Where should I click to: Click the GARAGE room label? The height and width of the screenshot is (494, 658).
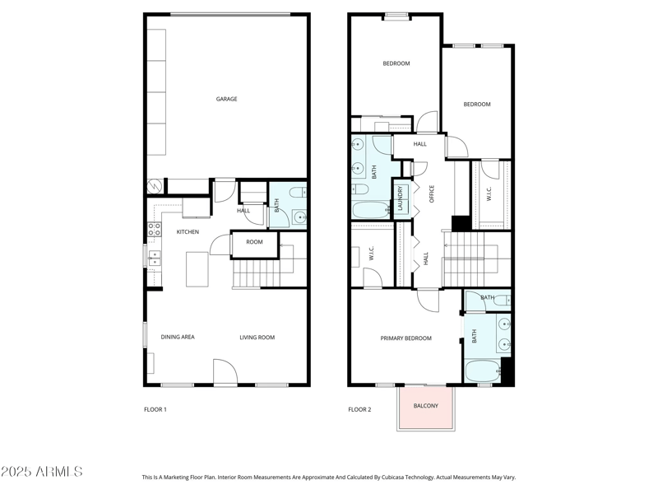[x=227, y=100]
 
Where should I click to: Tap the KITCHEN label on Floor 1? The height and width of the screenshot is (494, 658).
[x=188, y=232]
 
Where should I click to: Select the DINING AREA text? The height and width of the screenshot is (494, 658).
[x=178, y=338]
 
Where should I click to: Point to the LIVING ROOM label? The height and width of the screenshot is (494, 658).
[x=257, y=338]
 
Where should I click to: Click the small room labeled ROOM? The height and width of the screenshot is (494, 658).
[x=254, y=242]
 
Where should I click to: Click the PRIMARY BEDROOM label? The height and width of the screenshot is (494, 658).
[x=405, y=338]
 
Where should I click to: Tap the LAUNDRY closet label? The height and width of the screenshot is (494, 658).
[x=401, y=199]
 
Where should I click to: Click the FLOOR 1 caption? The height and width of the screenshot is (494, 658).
[x=155, y=409]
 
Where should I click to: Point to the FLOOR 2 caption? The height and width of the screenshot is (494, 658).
[x=359, y=409]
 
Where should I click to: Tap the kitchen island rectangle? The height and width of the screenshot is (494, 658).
[x=197, y=269]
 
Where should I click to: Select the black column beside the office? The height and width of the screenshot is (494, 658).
[x=461, y=223]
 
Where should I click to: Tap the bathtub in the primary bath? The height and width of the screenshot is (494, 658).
[x=482, y=370]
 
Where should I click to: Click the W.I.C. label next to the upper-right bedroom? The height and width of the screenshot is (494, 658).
[x=489, y=194]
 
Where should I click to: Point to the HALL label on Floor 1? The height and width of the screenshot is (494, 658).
[x=243, y=211]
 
